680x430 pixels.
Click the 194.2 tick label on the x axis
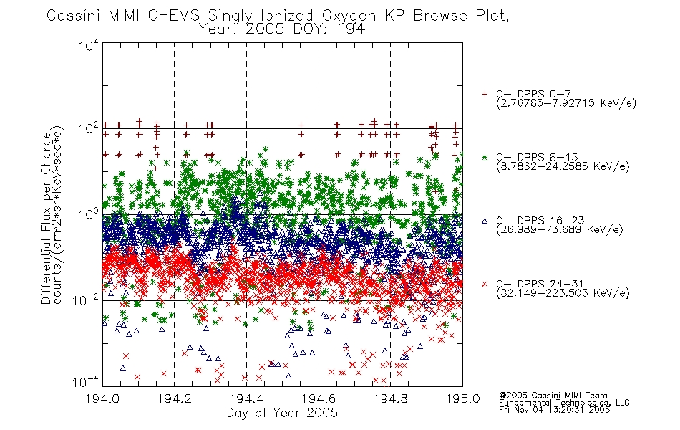coord(175,398)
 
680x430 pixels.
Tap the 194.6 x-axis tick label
coord(319,398)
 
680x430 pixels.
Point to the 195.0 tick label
coord(462,398)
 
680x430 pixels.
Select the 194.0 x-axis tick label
coord(102,398)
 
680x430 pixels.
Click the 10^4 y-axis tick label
coord(89,46)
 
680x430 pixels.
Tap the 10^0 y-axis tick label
coord(89,214)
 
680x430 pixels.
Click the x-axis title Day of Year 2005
coord(282,413)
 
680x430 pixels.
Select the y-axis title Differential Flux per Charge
coord(46,218)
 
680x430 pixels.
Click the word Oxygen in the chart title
coord(349,16)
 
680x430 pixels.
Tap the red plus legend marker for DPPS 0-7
coord(485,94)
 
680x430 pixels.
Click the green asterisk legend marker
coord(485,157)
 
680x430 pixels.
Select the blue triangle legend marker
coord(485,221)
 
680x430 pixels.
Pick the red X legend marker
coord(485,284)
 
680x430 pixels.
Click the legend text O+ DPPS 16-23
coord(540,220)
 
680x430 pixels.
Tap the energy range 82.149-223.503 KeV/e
coord(563,293)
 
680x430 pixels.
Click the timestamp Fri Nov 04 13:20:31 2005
coord(554,410)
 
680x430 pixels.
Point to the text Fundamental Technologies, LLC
coord(564,403)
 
